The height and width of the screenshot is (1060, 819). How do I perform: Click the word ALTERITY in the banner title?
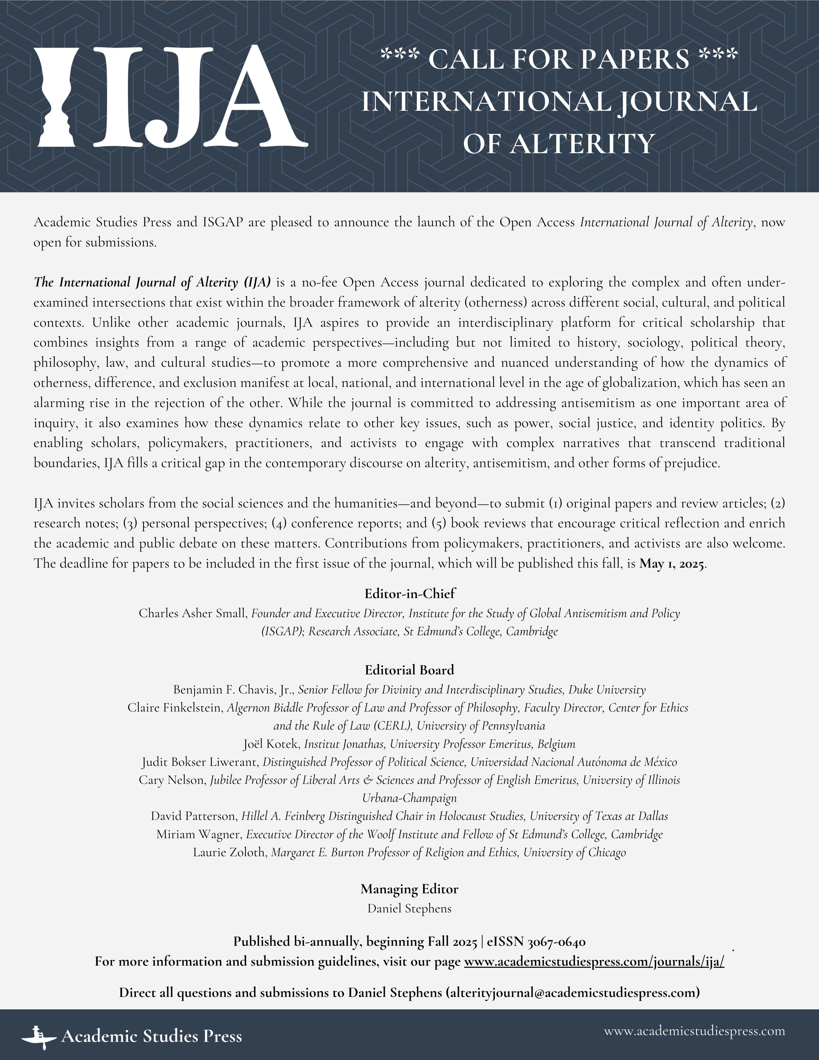(582, 144)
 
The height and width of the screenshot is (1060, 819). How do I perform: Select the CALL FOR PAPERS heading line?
(559, 59)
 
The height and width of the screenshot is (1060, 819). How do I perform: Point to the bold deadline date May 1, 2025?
(672, 564)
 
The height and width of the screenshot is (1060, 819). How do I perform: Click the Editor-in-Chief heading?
(410, 594)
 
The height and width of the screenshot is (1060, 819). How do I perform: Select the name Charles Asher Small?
(192, 613)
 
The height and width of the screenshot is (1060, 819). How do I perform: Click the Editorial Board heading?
(410, 670)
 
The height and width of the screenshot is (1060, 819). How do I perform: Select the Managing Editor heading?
(410, 889)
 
